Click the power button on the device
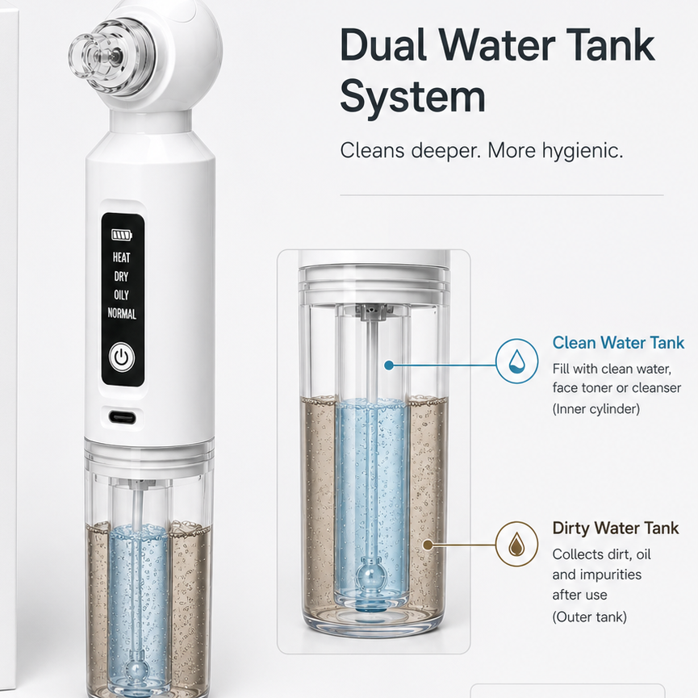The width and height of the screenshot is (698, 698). (x=122, y=357)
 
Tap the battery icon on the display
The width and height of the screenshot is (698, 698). (x=122, y=235)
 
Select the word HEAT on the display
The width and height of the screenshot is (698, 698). (x=122, y=257)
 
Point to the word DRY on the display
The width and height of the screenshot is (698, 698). (x=121, y=277)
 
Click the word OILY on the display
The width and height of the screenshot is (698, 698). (x=121, y=295)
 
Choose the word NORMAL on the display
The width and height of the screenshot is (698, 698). (x=122, y=313)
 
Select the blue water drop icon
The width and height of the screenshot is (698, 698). (x=516, y=361)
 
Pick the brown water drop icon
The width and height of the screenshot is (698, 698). (x=516, y=544)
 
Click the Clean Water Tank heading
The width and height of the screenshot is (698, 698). (x=618, y=342)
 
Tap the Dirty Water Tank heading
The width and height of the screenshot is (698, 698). (x=615, y=528)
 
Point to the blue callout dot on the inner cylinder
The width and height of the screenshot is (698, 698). (x=389, y=366)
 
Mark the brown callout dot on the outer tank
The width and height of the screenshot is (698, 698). (x=428, y=545)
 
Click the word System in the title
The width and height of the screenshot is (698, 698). (x=412, y=97)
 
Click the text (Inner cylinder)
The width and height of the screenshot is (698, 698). (x=596, y=408)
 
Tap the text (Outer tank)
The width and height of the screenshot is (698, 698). (x=589, y=617)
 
